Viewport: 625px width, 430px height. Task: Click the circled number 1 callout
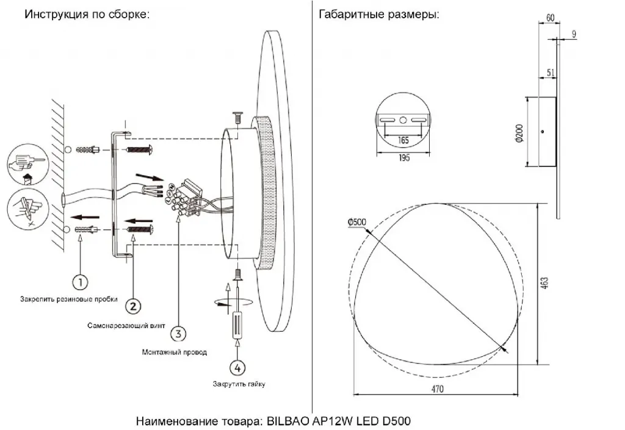(x=80, y=282)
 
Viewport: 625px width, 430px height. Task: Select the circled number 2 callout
(x=134, y=304)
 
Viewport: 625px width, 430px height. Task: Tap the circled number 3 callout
(x=177, y=334)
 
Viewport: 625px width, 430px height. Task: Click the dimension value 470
(x=435, y=389)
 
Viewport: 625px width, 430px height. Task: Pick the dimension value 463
(x=544, y=282)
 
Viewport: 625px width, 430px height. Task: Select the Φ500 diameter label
(x=356, y=222)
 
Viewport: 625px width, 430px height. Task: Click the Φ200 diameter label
(x=519, y=132)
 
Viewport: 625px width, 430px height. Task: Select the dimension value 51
(x=551, y=73)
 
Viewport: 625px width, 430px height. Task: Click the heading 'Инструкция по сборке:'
(x=87, y=15)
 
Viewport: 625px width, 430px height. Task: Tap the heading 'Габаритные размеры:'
(x=379, y=15)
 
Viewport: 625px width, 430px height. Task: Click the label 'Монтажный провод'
(x=174, y=352)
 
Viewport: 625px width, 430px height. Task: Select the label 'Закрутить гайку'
(x=239, y=384)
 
